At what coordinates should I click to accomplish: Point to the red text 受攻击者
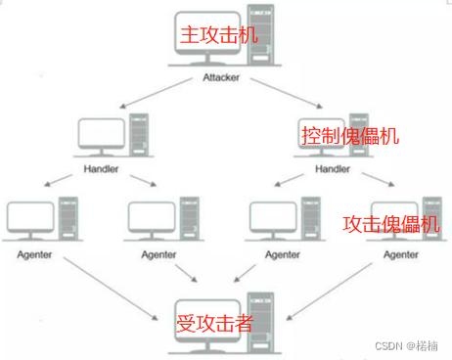(x=213, y=321)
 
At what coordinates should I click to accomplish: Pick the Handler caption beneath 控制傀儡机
(x=332, y=168)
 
